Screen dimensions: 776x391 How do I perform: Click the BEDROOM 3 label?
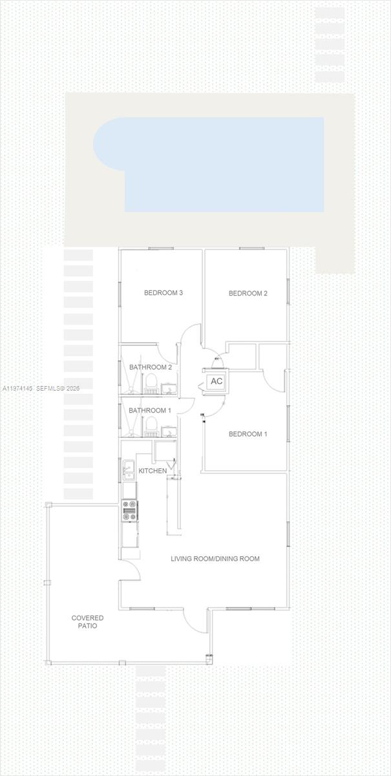[x=163, y=293]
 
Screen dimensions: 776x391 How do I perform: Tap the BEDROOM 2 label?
[x=248, y=294]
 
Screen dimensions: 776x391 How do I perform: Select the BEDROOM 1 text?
[x=248, y=434]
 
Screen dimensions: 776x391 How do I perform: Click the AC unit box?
[x=217, y=381]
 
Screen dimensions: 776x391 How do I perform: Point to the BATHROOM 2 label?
[x=150, y=367]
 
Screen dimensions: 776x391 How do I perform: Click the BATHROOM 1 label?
[x=149, y=411]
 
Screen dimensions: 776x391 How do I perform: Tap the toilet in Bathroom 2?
[x=151, y=383]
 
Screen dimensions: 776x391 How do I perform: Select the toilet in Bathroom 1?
[x=151, y=425]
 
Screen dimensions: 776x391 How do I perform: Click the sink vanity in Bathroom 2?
[x=169, y=388]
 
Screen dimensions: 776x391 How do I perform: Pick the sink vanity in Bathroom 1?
[x=169, y=431]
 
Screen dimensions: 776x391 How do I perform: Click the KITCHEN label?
[x=153, y=470]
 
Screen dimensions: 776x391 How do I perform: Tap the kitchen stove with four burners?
[x=130, y=510]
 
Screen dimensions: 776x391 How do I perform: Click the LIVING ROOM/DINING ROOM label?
[x=215, y=559]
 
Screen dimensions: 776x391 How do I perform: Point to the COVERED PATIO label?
[x=87, y=622]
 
